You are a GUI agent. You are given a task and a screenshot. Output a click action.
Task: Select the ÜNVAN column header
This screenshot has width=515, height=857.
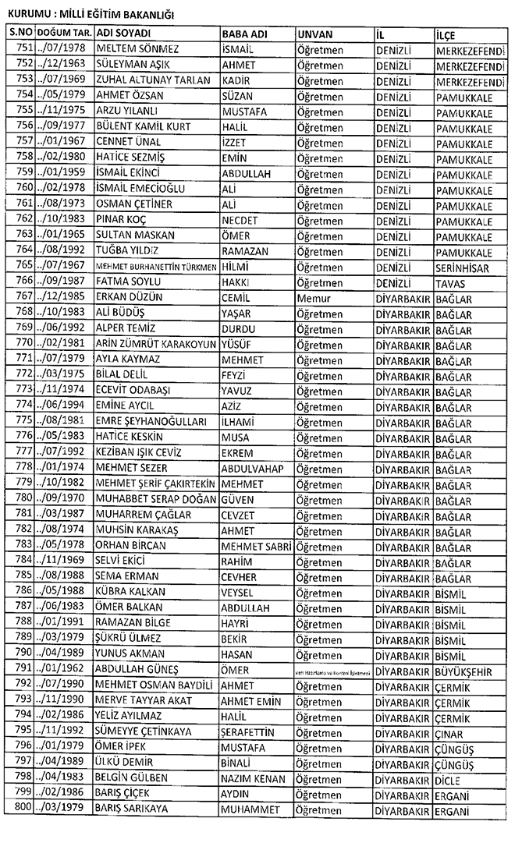pos(316,34)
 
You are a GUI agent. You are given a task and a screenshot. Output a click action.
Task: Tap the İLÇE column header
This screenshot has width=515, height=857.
pos(447,34)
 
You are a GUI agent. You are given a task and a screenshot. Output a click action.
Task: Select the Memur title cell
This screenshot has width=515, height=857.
pos(314,297)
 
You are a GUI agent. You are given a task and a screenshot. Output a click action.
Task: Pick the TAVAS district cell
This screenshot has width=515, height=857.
pos(451,282)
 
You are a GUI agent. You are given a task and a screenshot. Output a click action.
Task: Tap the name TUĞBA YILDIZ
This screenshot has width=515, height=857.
pos(126,250)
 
